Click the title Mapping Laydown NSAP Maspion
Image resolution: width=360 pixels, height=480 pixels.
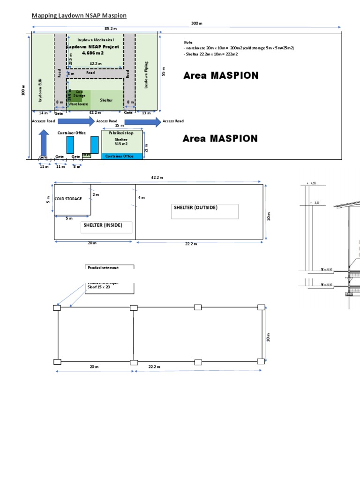(x=79, y=16)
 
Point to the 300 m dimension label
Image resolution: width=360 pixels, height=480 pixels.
(x=196, y=23)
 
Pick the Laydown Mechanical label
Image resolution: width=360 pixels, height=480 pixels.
(x=96, y=40)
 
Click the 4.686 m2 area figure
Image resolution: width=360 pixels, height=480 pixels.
(x=93, y=53)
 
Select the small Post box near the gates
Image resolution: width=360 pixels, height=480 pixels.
(x=86, y=155)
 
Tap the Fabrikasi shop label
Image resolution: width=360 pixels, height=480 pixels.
(x=121, y=133)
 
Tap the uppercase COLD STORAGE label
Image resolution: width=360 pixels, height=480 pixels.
(x=68, y=199)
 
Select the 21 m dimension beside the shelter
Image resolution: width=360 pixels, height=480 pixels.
(x=147, y=148)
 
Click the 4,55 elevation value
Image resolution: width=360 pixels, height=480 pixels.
(x=313, y=184)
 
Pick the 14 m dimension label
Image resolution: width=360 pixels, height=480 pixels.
(x=43, y=113)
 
